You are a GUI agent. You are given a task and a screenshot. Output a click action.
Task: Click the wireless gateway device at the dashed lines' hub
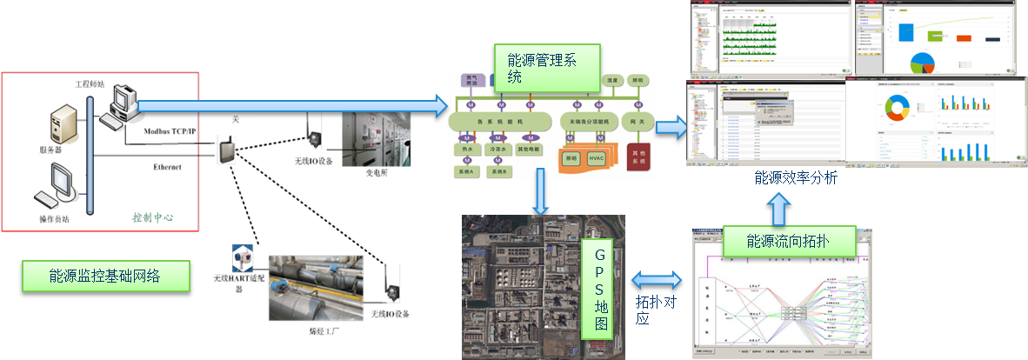pos(229,150)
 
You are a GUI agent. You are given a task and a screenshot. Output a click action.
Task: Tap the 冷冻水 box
pos(501,149)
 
